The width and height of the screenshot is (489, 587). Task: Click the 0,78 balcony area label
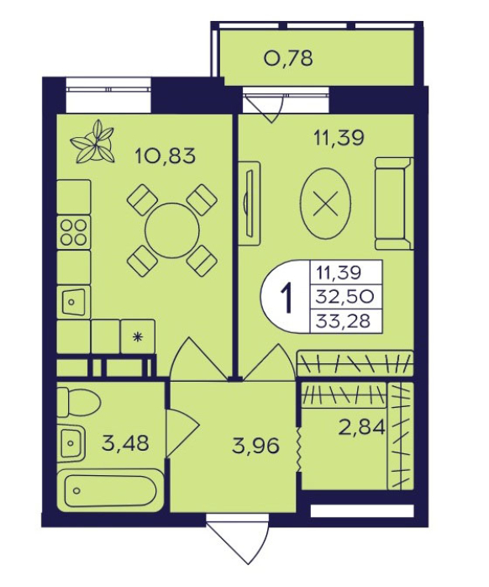[x=288, y=58]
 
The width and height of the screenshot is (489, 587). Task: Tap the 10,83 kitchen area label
[x=165, y=156]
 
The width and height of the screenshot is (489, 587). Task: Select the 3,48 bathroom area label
[x=125, y=443]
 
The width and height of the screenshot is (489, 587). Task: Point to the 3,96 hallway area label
[x=255, y=446]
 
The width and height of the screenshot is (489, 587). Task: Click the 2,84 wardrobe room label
[x=361, y=427]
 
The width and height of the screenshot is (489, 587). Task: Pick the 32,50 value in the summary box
[x=344, y=297]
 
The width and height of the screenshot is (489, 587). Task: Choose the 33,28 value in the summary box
[x=343, y=320]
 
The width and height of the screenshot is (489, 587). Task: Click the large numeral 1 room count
[x=287, y=298]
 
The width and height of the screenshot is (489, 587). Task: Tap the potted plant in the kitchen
[x=92, y=141]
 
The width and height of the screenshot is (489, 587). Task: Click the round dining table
[x=172, y=230]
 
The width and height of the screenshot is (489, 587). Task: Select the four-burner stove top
[x=74, y=232]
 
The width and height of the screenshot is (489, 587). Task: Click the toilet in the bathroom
[x=79, y=403]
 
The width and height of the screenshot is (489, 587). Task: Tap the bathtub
[x=110, y=491]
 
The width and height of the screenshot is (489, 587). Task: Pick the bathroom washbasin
[x=71, y=444]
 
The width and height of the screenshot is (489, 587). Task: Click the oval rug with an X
[x=326, y=203]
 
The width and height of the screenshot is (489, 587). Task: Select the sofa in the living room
[x=394, y=204]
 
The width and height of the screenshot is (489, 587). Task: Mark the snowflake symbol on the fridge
[x=138, y=337]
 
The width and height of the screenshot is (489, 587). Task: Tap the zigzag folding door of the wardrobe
[x=298, y=448]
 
